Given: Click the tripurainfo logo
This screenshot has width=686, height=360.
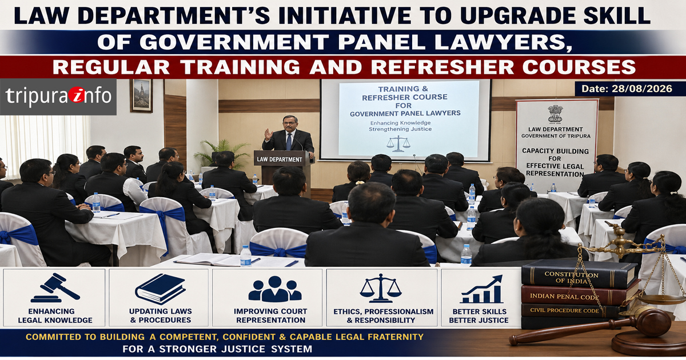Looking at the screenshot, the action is pyautogui.click(x=58, y=96).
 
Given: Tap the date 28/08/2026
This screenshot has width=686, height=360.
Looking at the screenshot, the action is pyautogui.click(x=642, y=89).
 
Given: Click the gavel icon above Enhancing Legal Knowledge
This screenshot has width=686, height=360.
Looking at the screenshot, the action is pyautogui.click(x=55, y=287).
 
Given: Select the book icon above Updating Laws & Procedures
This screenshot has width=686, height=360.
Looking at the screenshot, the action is pyautogui.click(x=160, y=289).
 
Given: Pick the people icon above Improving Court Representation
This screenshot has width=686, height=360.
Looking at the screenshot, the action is pyautogui.click(x=275, y=289).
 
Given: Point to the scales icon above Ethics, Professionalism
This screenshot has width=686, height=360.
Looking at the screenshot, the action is pyautogui.click(x=381, y=288).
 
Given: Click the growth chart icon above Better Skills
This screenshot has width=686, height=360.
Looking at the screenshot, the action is pyautogui.click(x=481, y=289).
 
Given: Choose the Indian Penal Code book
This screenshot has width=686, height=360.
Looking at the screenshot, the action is pyautogui.click(x=579, y=295).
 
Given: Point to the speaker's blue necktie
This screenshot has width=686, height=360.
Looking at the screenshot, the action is pyautogui.click(x=289, y=142).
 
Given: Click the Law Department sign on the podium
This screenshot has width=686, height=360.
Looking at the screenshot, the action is pyautogui.click(x=280, y=159).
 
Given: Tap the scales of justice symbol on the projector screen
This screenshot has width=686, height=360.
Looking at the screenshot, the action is pyautogui.click(x=398, y=144).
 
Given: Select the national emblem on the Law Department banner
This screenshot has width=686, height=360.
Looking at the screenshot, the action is pyautogui.click(x=556, y=115).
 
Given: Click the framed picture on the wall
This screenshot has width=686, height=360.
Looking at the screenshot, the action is pyautogui.click(x=141, y=95).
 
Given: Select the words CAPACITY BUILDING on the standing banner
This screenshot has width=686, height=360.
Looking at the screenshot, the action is pyautogui.click(x=555, y=151).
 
